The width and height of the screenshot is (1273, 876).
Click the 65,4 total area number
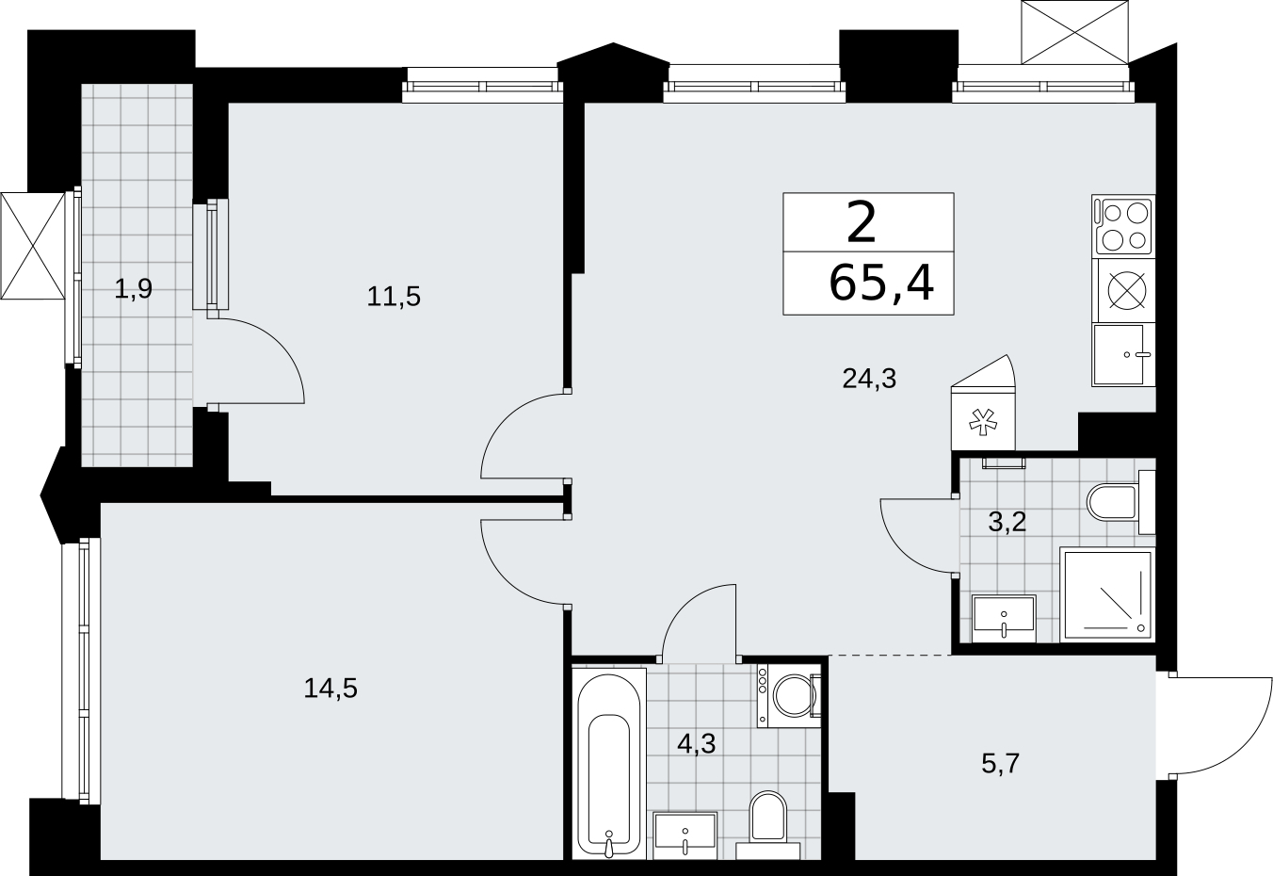tap(881, 284)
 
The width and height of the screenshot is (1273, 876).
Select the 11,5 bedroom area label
tap(394, 297)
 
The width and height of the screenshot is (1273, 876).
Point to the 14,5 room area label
tap(330, 689)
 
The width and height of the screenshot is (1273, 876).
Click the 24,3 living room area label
tap(869, 378)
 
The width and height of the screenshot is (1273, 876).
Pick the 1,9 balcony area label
tap(134, 289)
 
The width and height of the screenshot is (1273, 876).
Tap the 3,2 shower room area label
tap(1007, 521)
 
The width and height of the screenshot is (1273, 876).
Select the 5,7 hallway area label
tap(1001, 764)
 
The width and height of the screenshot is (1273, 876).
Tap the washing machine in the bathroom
tap(789, 695)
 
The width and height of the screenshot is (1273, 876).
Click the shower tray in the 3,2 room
tap(1107, 595)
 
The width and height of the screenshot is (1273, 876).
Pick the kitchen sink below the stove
tap(1123, 355)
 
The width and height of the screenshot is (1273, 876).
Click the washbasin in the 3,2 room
tap(1004, 619)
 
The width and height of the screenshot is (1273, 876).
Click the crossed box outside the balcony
tap(32, 246)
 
